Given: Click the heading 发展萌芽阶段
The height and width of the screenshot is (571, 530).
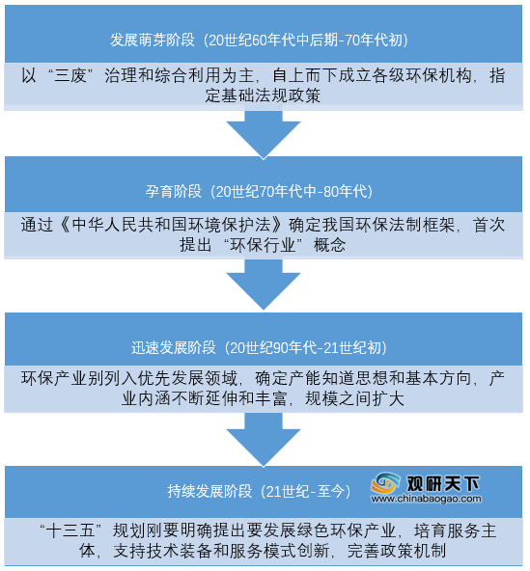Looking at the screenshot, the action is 153,40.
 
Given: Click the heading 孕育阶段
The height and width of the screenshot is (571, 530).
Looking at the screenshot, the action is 174,191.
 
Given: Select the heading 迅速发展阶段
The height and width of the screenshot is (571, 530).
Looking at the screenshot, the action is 174,347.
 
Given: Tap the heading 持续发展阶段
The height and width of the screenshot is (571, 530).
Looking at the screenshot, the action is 209,491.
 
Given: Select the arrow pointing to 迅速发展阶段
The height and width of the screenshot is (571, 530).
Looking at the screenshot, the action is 264,285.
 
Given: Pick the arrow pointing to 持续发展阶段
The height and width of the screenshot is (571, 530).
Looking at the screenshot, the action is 264,440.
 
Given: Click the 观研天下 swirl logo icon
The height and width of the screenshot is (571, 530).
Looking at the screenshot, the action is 385,483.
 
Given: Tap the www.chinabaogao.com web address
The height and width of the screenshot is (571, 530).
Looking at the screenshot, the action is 426,499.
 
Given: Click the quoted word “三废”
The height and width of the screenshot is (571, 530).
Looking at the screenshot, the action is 70,76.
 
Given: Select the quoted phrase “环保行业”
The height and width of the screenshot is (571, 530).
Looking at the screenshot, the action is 263,245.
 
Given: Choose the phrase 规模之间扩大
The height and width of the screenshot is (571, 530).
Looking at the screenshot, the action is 354,398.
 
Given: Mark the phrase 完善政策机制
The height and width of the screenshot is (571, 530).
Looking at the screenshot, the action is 397,551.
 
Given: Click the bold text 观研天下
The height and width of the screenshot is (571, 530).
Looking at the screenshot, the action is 443,483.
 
